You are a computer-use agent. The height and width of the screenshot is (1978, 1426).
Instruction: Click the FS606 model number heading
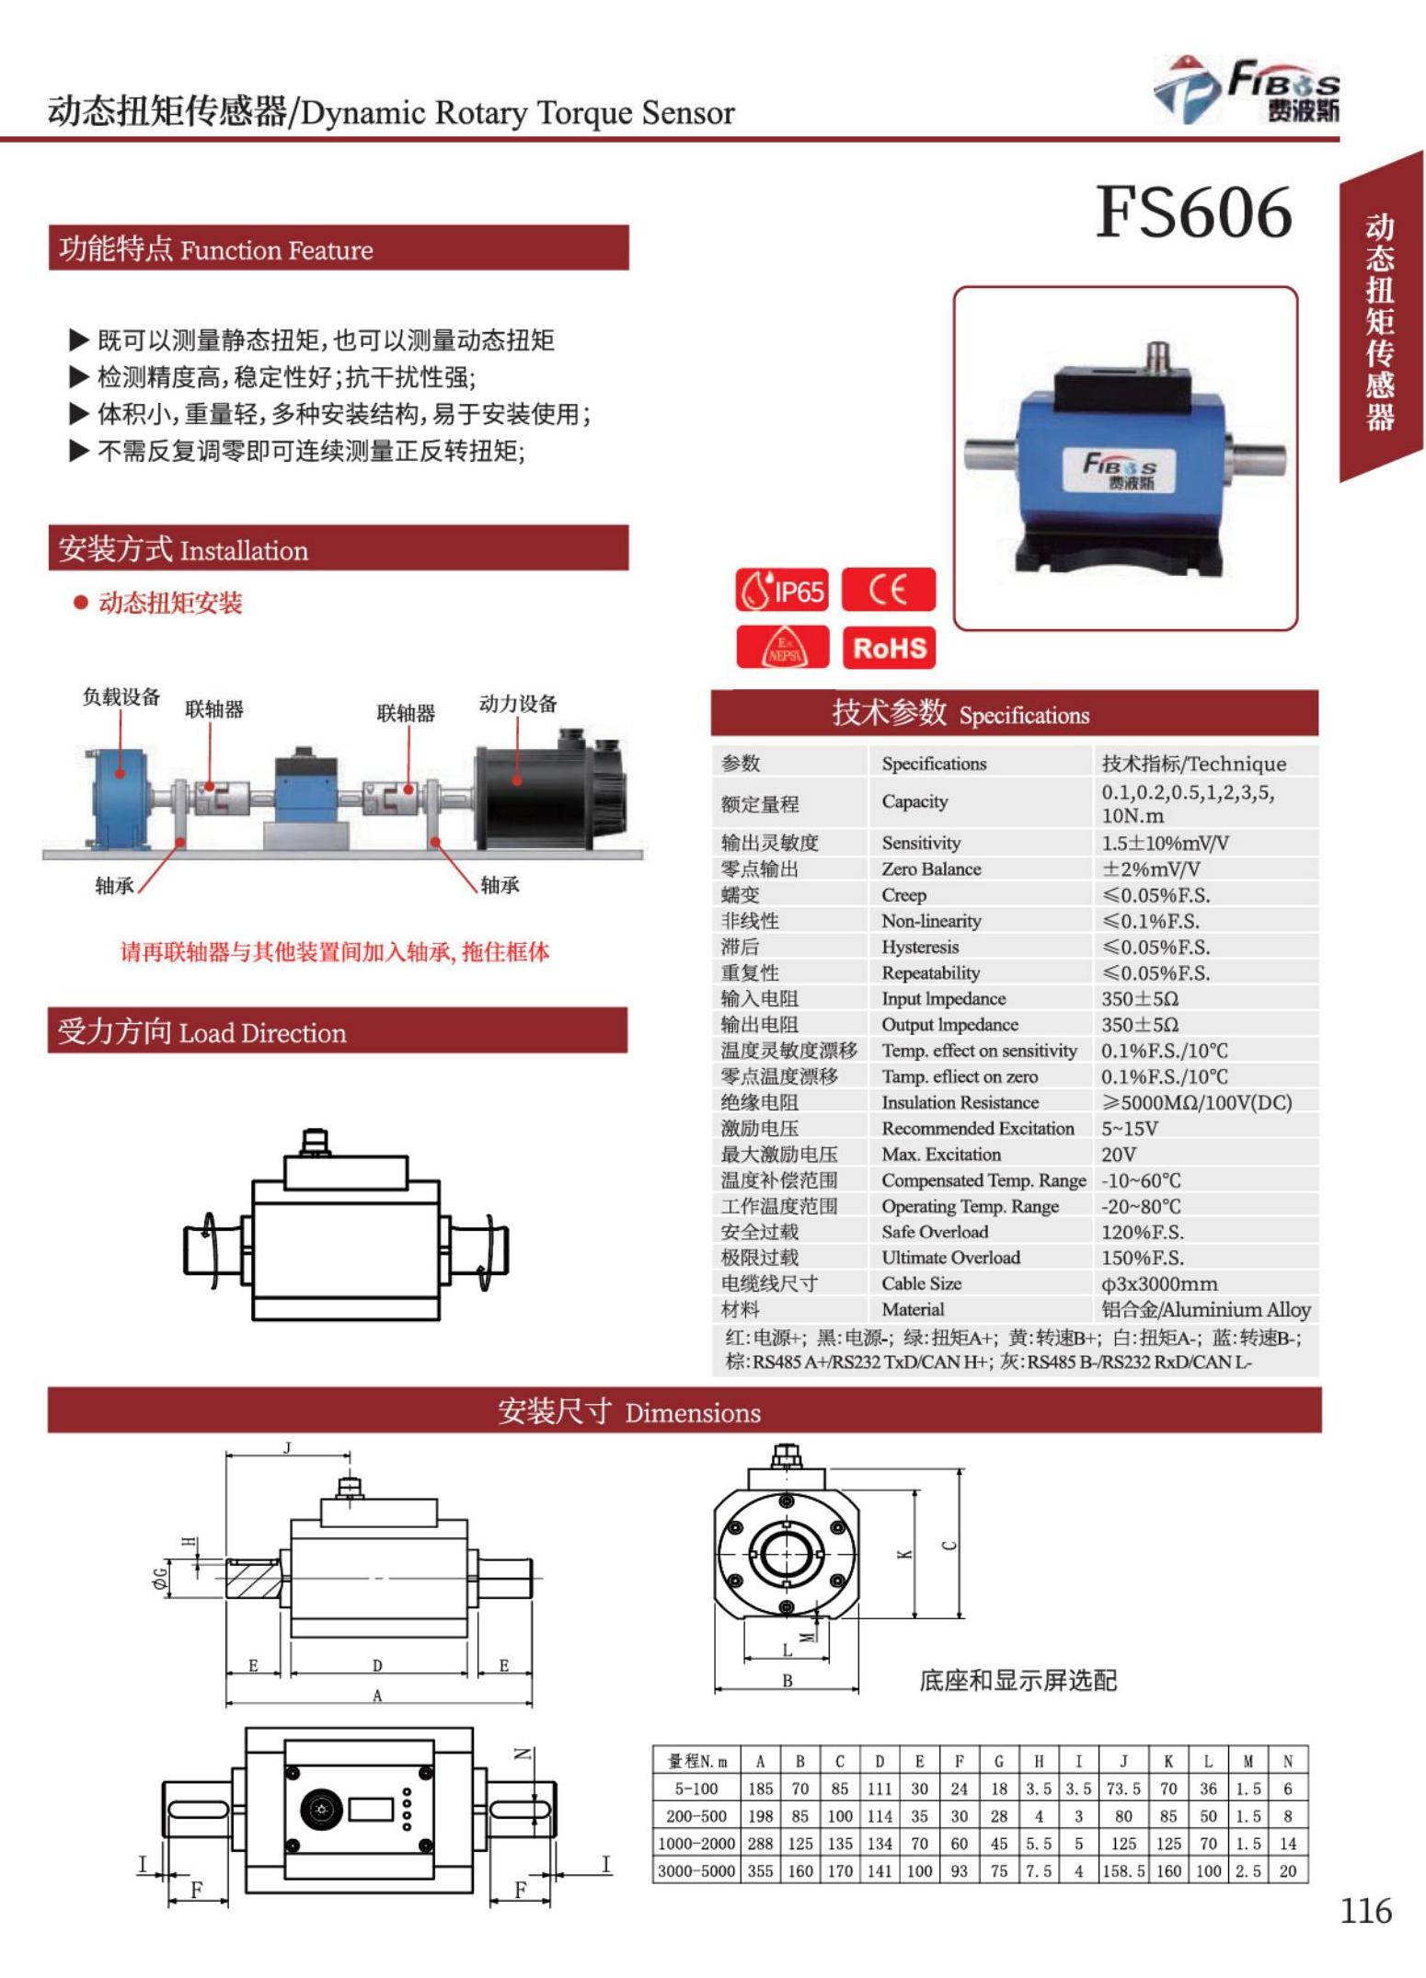(x=1193, y=213)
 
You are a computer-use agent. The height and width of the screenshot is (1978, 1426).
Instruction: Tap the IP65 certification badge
(x=782, y=591)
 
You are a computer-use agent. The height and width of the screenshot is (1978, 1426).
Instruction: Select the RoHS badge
(x=888, y=648)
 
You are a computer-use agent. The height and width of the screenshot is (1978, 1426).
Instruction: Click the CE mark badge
(x=888, y=590)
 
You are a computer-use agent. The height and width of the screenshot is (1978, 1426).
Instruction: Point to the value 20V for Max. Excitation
(x=1119, y=1154)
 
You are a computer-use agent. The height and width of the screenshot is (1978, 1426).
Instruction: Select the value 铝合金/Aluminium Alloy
(x=1205, y=1309)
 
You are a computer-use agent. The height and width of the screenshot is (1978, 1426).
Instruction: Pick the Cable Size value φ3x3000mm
(x=1159, y=1283)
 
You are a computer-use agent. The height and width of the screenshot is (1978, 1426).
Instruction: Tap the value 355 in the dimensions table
(x=760, y=1871)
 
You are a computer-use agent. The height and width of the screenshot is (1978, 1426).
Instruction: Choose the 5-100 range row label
(x=696, y=1789)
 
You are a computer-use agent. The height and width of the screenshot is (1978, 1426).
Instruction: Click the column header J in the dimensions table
(x=1123, y=1762)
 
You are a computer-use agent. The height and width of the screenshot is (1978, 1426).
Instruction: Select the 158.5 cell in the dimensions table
(x=1123, y=1871)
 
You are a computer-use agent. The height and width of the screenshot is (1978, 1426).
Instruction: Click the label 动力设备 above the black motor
(x=518, y=704)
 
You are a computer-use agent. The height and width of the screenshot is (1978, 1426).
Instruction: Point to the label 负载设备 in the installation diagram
(x=121, y=697)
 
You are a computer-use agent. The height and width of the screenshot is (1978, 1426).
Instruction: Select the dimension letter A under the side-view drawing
(x=377, y=1696)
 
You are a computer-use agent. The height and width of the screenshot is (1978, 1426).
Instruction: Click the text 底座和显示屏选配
(x=1018, y=1681)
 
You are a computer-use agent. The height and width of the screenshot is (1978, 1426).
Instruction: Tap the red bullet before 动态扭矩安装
(x=81, y=603)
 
